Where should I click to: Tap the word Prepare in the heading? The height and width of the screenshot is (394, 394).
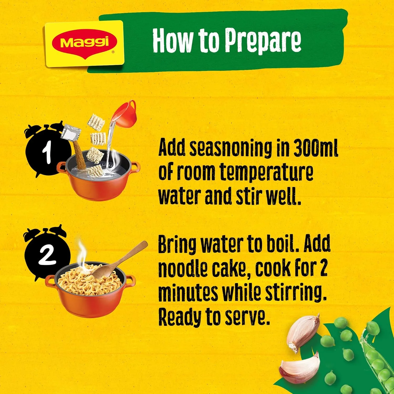click(263, 41)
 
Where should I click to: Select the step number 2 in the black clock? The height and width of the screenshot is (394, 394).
click(47, 255)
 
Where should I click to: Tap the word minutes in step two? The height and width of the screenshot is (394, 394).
click(188, 293)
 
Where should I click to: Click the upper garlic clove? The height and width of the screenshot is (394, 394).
click(302, 332)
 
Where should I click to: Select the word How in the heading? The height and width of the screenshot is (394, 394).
click(172, 41)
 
